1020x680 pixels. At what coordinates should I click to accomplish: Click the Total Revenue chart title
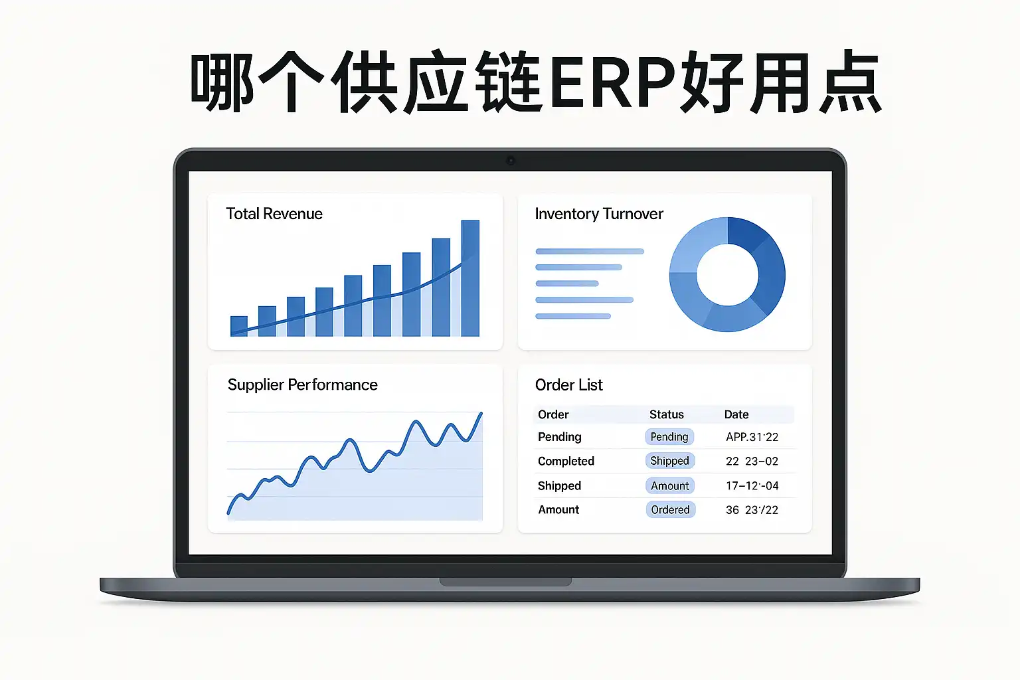point(274,214)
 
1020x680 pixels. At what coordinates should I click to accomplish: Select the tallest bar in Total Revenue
point(470,278)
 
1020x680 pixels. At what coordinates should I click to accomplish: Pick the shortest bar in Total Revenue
point(239,326)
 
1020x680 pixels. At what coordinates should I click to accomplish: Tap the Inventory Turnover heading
point(599,214)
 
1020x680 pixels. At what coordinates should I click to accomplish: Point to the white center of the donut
point(727,275)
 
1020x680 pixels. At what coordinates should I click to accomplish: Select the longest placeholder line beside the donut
point(590,252)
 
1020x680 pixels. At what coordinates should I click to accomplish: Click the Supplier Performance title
point(302,385)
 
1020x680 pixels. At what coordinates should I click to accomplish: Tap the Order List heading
point(568,385)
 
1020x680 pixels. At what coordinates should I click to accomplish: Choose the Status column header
point(666,414)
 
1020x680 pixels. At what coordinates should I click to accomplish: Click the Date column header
point(736,414)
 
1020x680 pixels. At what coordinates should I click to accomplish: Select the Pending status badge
point(669,437)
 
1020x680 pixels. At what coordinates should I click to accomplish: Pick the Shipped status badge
point(670,461)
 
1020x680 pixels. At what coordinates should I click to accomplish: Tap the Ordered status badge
point(670,509)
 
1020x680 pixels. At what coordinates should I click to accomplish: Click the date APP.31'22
point(752,437)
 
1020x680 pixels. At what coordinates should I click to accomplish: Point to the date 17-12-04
point(752,486)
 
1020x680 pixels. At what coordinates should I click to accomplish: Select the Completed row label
point(566,462)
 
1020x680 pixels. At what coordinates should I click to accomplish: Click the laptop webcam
point(511,160)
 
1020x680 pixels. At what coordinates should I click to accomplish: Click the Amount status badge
point(670,485)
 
